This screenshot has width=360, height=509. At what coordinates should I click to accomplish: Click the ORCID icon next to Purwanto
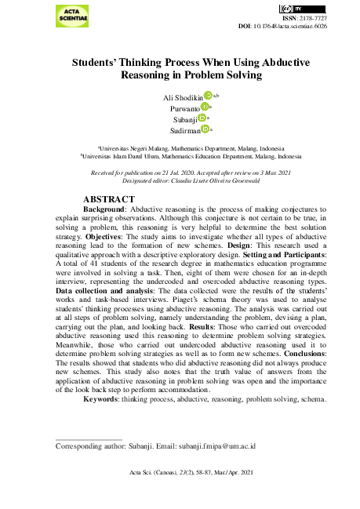[x=205, y=107]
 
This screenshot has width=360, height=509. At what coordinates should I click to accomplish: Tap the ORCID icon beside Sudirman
[x=204, y=129]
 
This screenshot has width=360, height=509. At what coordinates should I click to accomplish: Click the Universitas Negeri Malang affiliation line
[x=191, y=148]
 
